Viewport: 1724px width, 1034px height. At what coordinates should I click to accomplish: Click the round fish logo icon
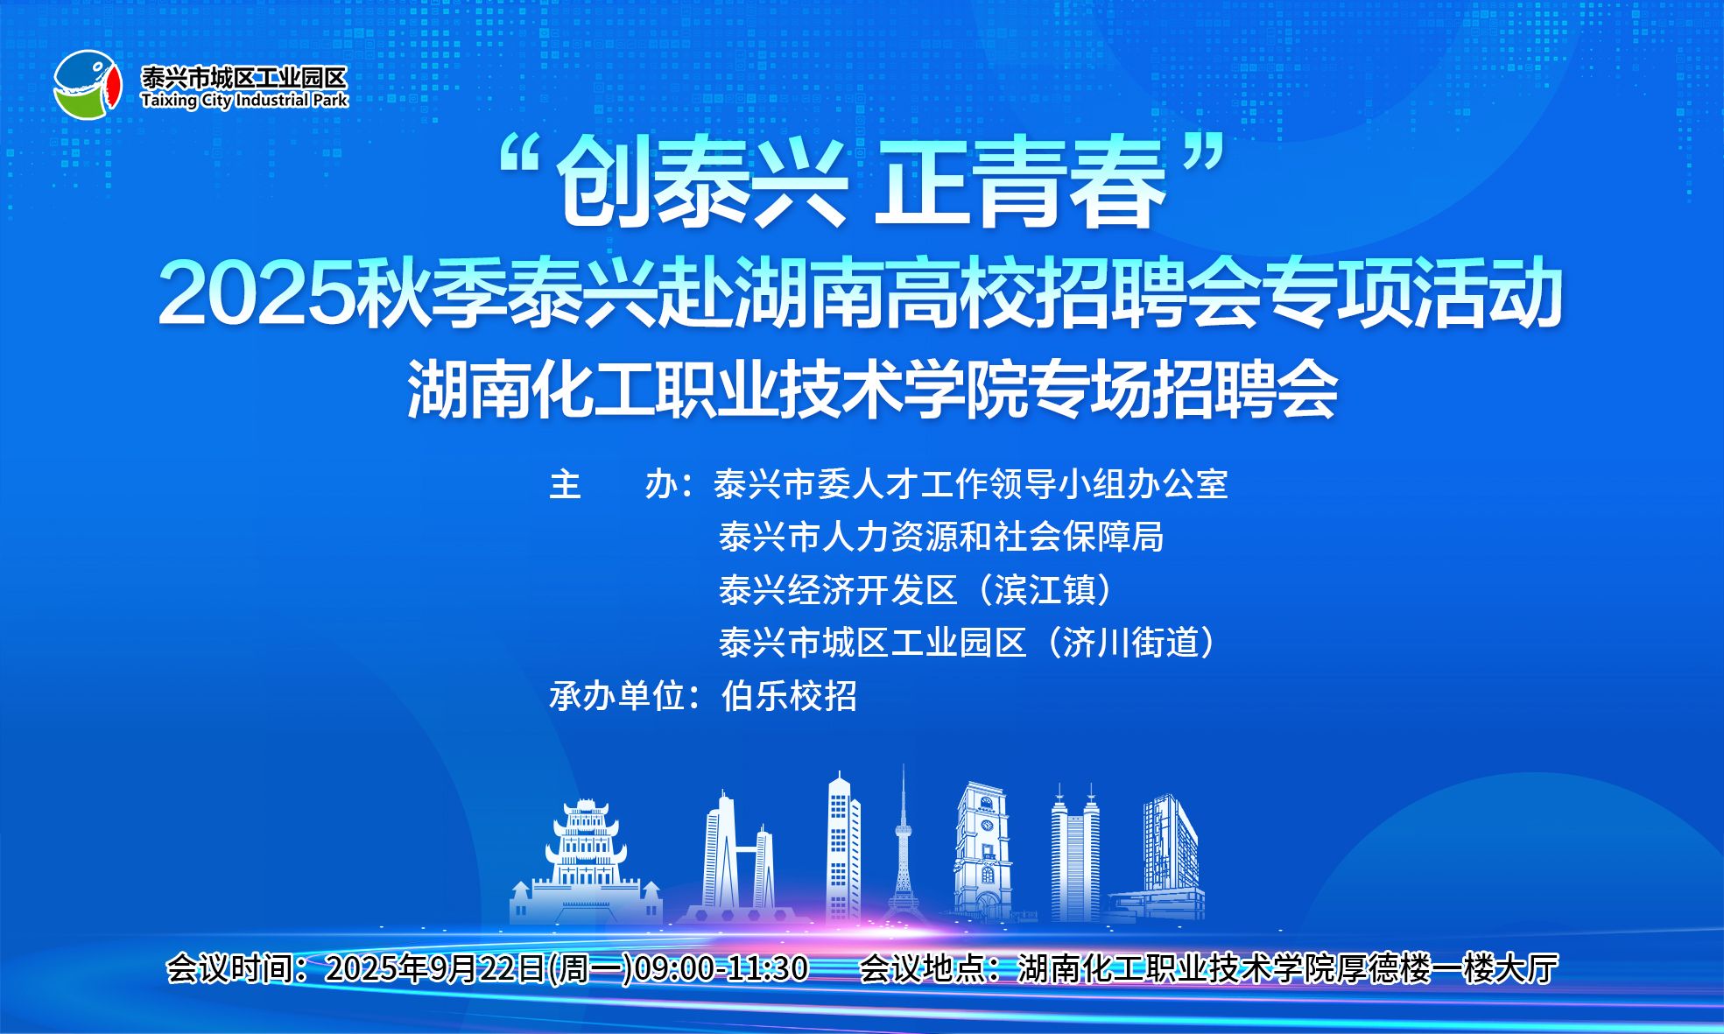tap(87, 85)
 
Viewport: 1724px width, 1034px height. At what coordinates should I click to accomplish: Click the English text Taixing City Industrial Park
tap(244, 101)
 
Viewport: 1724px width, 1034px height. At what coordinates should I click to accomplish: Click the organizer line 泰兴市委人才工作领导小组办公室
tap(971, 484)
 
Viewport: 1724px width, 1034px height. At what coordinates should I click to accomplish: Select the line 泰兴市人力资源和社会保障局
tap(941, 538)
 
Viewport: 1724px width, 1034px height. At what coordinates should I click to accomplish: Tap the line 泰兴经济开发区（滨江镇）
tap(919, 590)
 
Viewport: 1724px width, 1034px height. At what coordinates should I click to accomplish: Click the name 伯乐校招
tap(789, 697)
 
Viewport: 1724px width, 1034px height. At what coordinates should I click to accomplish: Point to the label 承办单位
tap(616, 697)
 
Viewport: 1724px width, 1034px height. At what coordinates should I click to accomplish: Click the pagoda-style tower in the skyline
tap(586, 862)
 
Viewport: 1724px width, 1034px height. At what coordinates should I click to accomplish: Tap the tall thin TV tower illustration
tap(903, 845)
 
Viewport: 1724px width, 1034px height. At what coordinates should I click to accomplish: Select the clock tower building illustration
tap(982, 852)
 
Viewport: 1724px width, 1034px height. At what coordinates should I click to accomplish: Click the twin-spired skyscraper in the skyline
tap(1075, 854)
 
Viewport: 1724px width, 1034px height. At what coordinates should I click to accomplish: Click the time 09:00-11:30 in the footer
tap(721, 968)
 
